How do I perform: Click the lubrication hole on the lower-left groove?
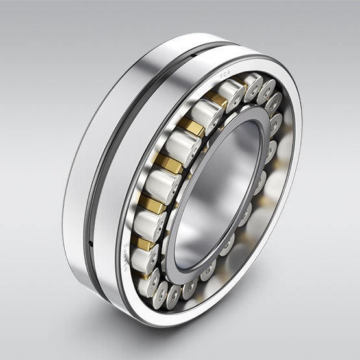(91, 244)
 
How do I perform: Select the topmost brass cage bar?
(217, 98)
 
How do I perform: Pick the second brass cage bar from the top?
(192, 126)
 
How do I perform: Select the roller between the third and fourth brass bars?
(163, 184)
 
